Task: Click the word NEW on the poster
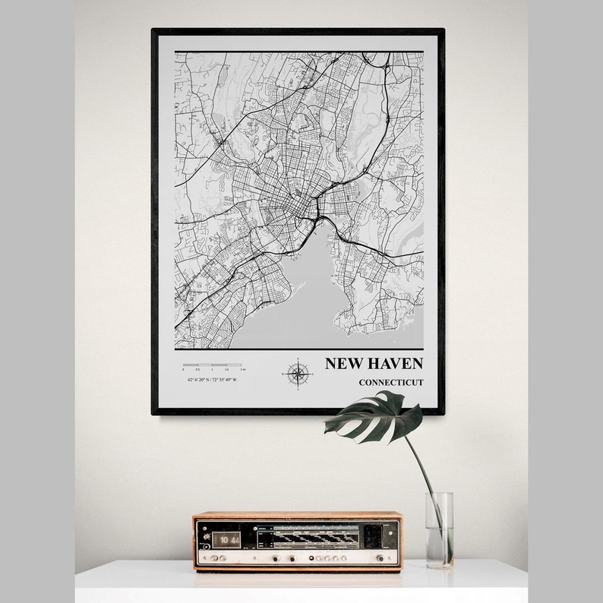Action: pos(341,364)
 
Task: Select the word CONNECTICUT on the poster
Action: pos(391,382)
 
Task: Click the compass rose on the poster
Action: pos(297,373)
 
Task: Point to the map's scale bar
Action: pos(212,365)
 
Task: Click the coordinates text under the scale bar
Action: pos(212,379)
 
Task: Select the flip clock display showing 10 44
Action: pos(225,538)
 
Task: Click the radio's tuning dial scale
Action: pos(308,536)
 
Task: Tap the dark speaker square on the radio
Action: pos(372,536)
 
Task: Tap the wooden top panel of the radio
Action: pos(297,516)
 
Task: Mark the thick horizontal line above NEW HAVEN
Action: pos(298,349)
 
